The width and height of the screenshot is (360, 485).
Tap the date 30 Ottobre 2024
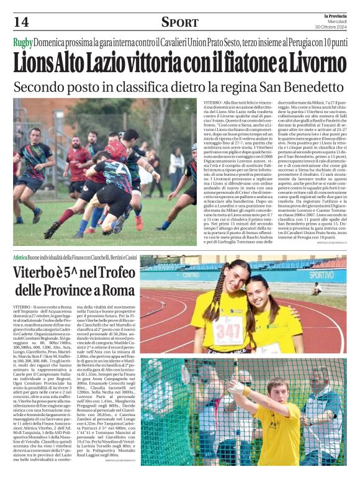click(x=330, y=26)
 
